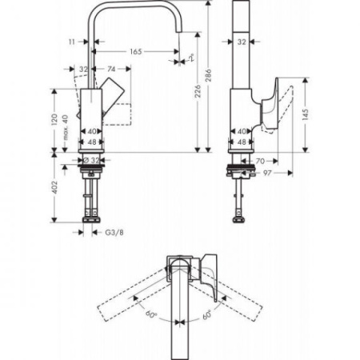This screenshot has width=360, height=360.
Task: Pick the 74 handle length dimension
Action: pyautogui.click(x=111, y=69)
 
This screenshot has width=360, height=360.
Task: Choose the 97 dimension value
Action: pyautogui.click(x=270, y=172)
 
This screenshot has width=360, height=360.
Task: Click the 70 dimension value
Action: pyautogui.click(x=260, y=160)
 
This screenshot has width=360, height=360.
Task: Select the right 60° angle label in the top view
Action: pyautogui.click(x=207, y=314)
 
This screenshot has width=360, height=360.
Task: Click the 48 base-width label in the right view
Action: pyautogui.click(x=242, y=141)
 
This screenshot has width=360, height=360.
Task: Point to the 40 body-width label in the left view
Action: pyautogui.click(x=92, y=130)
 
